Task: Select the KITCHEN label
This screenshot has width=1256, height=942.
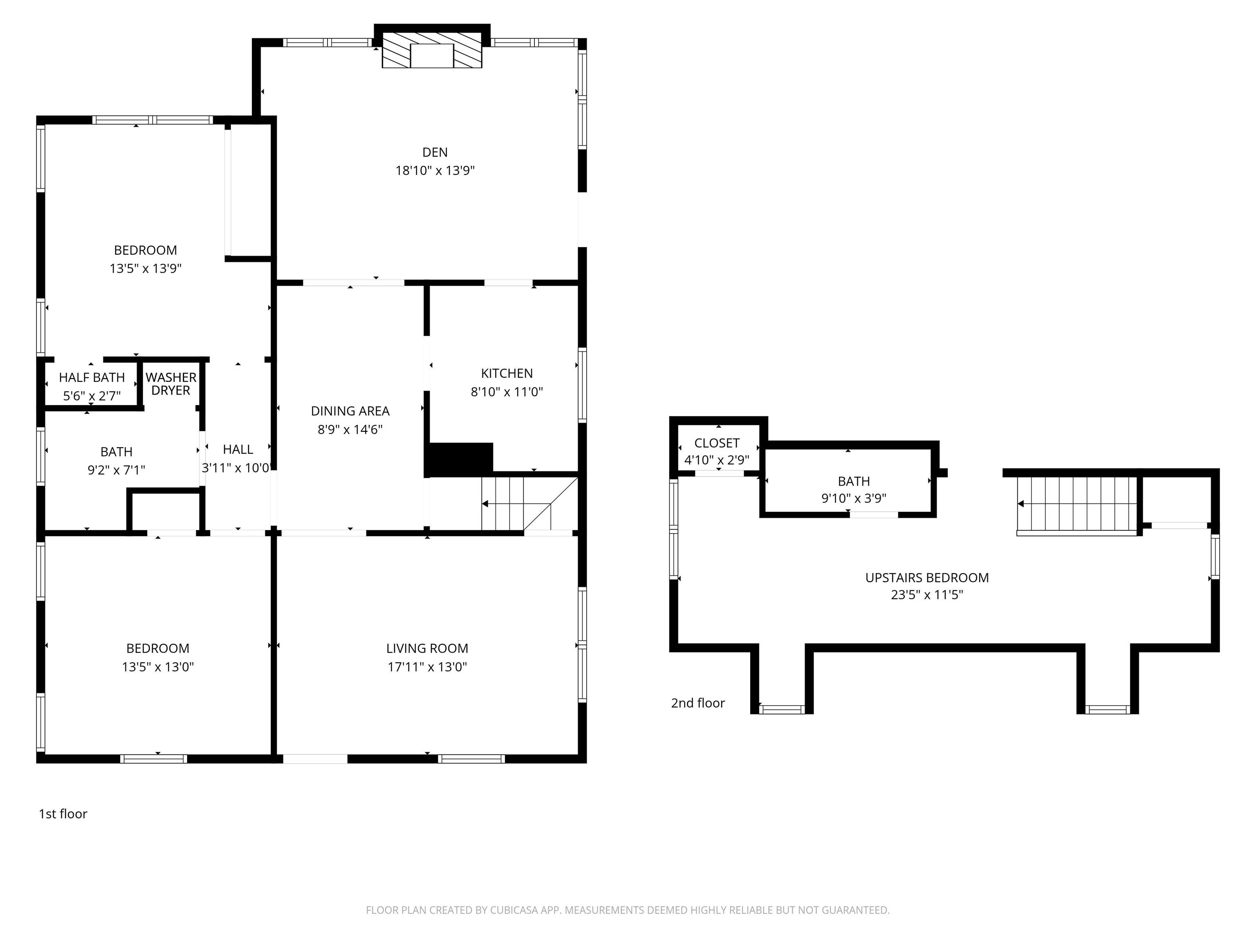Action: click(507, 373)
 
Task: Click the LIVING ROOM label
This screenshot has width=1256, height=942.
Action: click(427, 648)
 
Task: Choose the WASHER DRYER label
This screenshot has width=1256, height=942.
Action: click(170, 384)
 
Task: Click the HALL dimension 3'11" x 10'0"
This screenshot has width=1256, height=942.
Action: click(235, 468)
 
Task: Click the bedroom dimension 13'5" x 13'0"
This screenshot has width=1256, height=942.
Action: click(157, 666)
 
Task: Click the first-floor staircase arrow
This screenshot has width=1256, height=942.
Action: click(486, 504)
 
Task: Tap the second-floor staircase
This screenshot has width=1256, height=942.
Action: click(1076, 504)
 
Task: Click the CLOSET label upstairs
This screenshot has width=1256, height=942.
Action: click(717, 443)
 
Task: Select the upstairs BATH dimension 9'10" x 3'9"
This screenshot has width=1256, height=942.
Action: click(853, 498)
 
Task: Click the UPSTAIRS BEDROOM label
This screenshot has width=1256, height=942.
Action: click(927, 577)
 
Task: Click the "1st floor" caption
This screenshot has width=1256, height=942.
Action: click(63, 814)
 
